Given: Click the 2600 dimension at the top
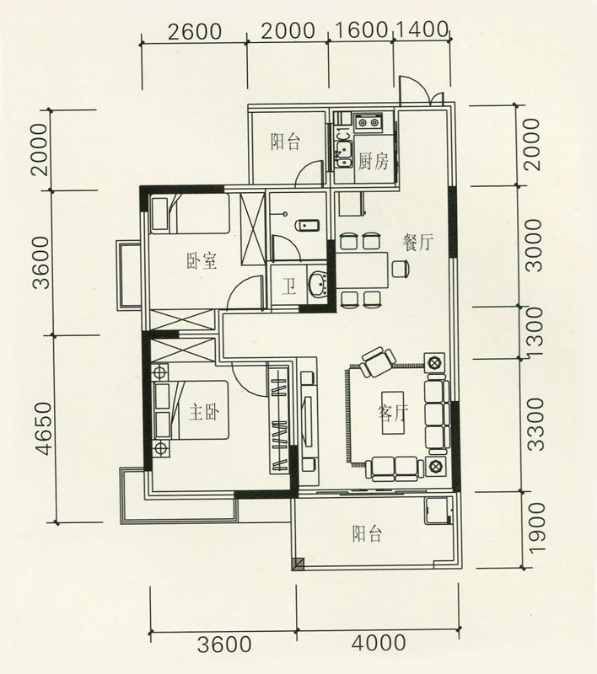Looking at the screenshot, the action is click(x=195, y=32).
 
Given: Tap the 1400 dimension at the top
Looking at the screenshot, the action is click(x=422, y=29).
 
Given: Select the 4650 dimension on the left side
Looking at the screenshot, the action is click(x=45, y=428).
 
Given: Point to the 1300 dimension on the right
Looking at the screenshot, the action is click(x=535, y=332).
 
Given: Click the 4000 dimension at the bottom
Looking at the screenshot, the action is click(x=379, y=643).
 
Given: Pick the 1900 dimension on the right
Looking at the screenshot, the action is click(x=536, y=528).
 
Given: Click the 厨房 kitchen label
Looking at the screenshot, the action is click(x=374, y=162).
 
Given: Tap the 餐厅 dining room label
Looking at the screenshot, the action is click(x=417, y=243).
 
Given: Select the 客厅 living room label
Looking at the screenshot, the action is click(x=393, y=413).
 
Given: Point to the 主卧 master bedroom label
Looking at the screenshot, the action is click(x=204, y=413).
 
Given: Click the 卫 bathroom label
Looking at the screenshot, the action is click(x=289, y=287).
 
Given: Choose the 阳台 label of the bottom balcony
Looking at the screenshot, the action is click(x=367, y=534).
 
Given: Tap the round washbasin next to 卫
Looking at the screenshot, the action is click(x=317, y=283).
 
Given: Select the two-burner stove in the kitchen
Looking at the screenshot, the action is click(x=368, y=122).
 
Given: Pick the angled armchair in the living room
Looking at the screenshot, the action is click(x=378, y=362).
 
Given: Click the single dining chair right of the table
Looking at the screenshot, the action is click(x=400, y=269).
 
